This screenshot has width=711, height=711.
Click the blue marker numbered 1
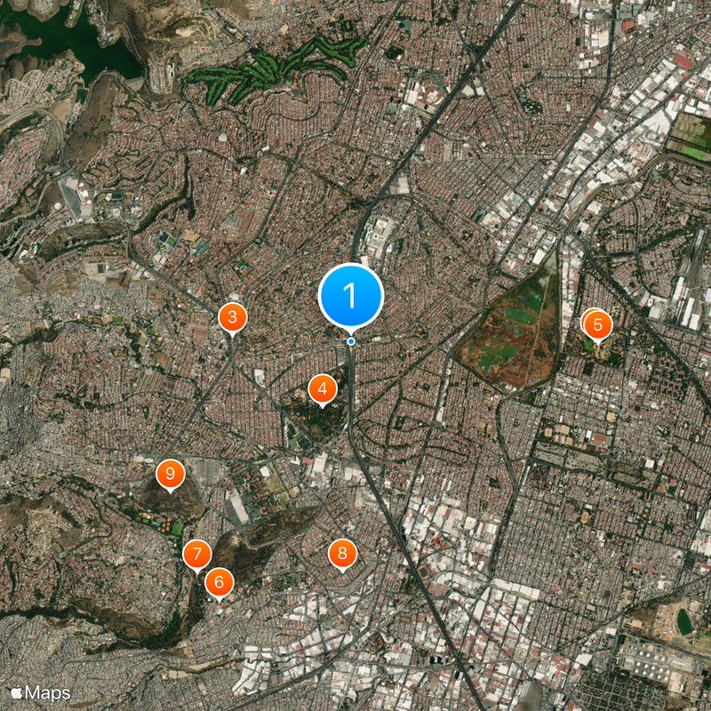click(351, 295)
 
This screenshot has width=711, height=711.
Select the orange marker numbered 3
click(232, 316)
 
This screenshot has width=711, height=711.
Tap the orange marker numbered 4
click(322, 387)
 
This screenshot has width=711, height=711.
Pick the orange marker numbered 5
click(597, 325)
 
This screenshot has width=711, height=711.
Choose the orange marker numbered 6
click(219, 583)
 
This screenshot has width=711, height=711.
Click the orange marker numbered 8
click(341, 553)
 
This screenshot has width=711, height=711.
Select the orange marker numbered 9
click(169, 474)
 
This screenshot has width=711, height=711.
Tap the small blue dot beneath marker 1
click(351, 341)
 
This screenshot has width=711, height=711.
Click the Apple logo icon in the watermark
click(16, 691)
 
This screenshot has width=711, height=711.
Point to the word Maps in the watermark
click(48, 691)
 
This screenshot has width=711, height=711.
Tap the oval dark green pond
click(683, 620)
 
